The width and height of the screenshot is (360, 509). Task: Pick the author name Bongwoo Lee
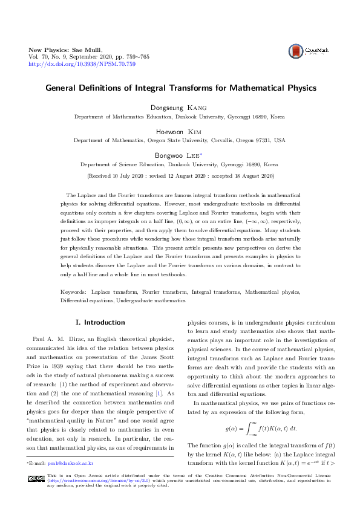click(x=179, y=155)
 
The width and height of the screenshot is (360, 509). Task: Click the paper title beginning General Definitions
click(x=180, y=88)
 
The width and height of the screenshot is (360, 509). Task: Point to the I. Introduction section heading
click(x=99, y=323)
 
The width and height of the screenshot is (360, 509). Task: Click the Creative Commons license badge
click(x=36, y=479)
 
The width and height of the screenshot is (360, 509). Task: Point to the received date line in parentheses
click(x=179, y=176)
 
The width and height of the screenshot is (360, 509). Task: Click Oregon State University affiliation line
click(x=179, y=140)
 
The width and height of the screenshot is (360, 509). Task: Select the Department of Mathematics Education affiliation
click(x=179, y=117)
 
